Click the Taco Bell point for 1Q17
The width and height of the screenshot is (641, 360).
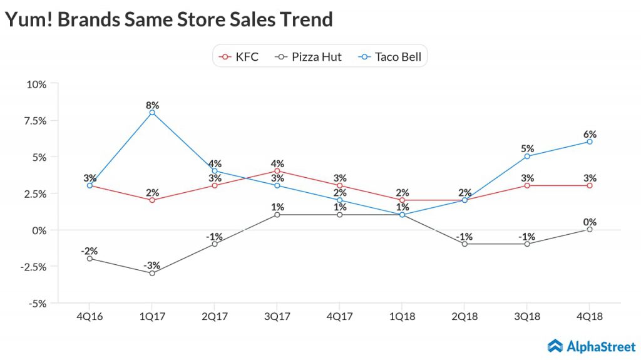[152, 113]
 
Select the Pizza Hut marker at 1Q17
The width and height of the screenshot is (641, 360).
[152, 273]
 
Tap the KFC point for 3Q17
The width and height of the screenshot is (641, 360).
[277, 171]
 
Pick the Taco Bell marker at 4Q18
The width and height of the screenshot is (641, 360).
[590, 141]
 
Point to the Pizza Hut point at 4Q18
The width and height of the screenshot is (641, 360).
[590, 229]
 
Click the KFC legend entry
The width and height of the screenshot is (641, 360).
[238, 57]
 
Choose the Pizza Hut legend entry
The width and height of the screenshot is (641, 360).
[309, 57]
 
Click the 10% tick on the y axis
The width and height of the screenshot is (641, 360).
[36, 84]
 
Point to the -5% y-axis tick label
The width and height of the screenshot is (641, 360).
[36, 302]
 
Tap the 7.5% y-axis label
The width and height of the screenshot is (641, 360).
[34, 120]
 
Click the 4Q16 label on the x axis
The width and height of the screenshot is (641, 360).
[90, 317]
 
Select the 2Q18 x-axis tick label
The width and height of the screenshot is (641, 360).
[464, 317]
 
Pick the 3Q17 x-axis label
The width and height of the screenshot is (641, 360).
[277, 317]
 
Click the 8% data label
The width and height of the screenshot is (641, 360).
[152, 105]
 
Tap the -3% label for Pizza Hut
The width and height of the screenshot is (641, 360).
[152, 265]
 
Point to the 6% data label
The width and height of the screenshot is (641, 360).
[590, 134]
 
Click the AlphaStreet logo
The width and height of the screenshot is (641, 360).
[592, 346]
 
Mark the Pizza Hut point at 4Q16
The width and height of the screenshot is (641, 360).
[90, 259]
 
